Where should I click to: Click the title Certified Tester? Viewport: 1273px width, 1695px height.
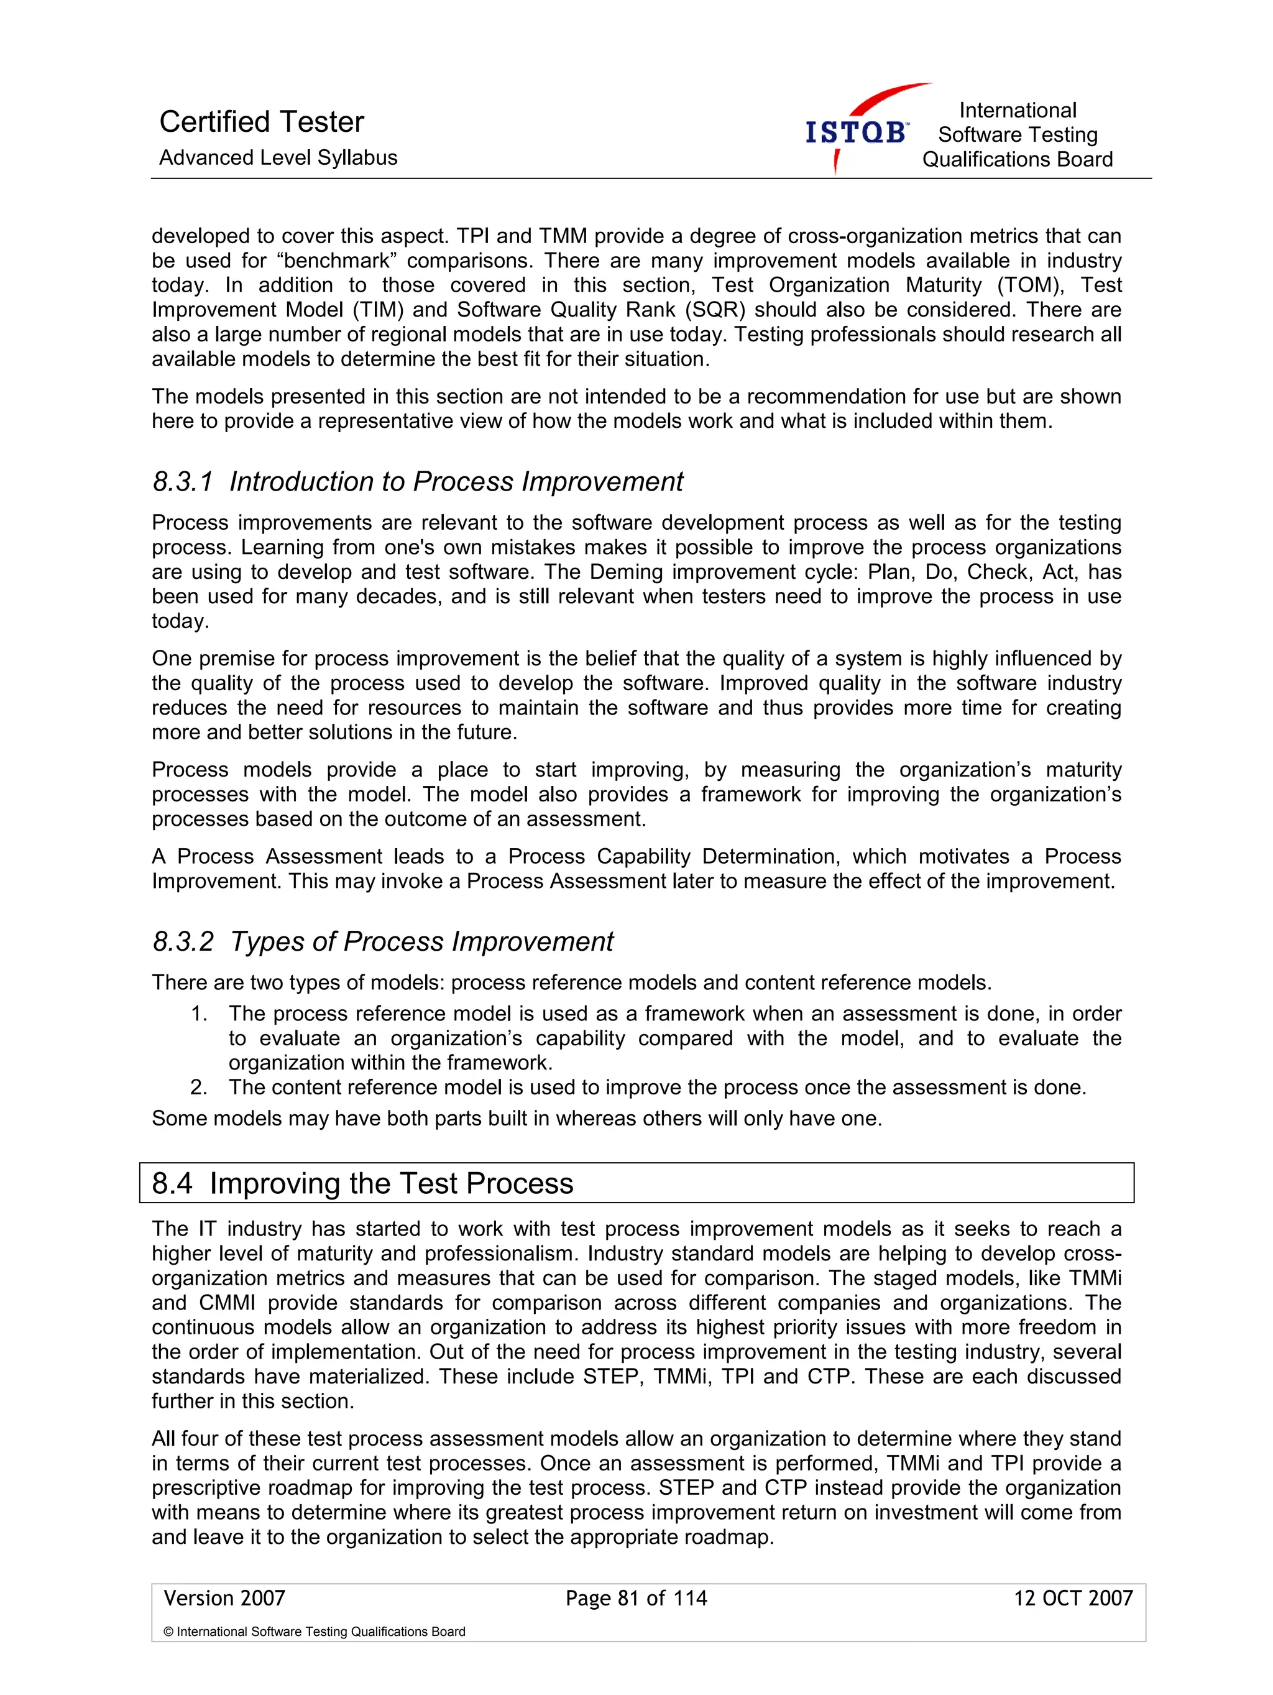click(x=261, y=122)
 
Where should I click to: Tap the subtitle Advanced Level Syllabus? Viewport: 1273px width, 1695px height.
click(x=278, y=158)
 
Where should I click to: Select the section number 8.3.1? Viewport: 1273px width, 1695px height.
click(x=182, y=482)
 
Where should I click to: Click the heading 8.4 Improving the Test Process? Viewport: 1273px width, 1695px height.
click(x=362, y=1183)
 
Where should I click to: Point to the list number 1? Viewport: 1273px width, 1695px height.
click(x=199, y=1014)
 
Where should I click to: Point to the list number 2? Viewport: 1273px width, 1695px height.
click(x=199, y=1088)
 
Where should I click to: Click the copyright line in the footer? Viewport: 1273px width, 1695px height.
click(x=314, y=1632)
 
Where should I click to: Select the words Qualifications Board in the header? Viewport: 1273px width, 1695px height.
click(x=1016, y=159)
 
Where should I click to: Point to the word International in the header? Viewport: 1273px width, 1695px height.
click(x=1017, y=110)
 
